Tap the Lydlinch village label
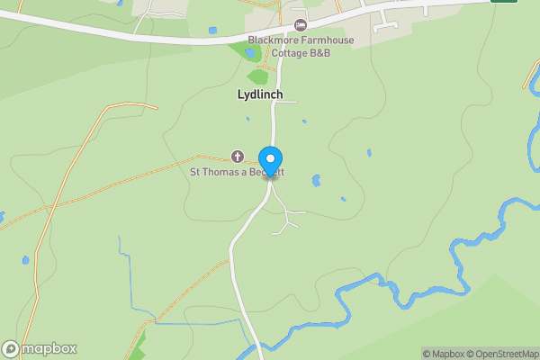click(259, 94)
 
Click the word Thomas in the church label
click(221, 171)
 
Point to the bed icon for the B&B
click(301, 24)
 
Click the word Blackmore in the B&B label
click(274, 40)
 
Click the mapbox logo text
click(49, 349)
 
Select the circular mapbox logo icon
click(11, 349)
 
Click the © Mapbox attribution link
click(445, 354)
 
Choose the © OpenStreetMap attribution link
click(502, 354)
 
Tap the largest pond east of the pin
click(316, 180)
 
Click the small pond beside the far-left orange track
click(25, 260)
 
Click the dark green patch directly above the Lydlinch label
click(257, 76)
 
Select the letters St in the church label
click(194, 171)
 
